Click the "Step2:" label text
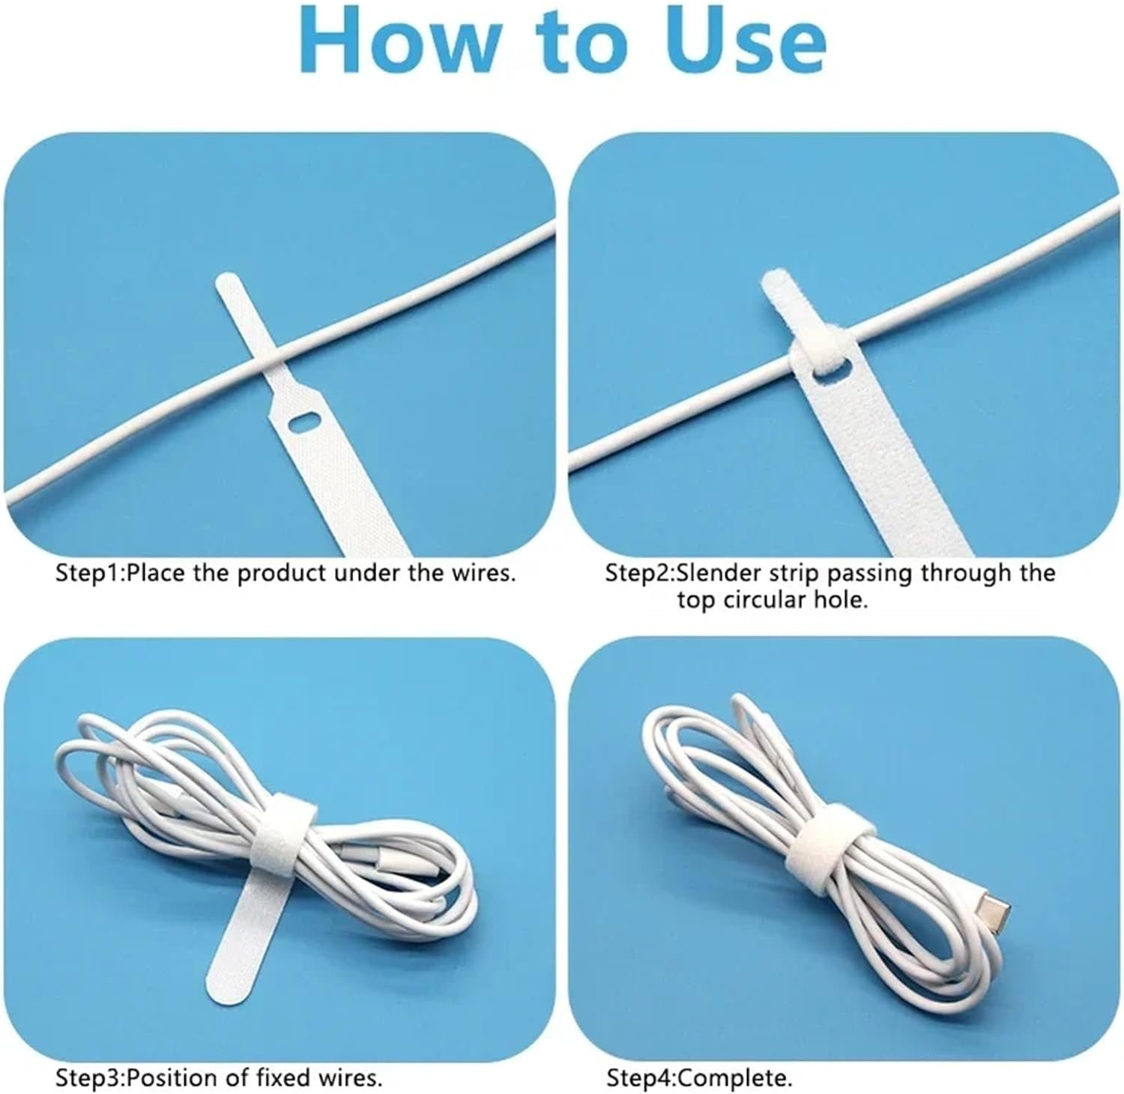click(x=639, y=575)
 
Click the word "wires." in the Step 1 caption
click(x=480, y=575)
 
